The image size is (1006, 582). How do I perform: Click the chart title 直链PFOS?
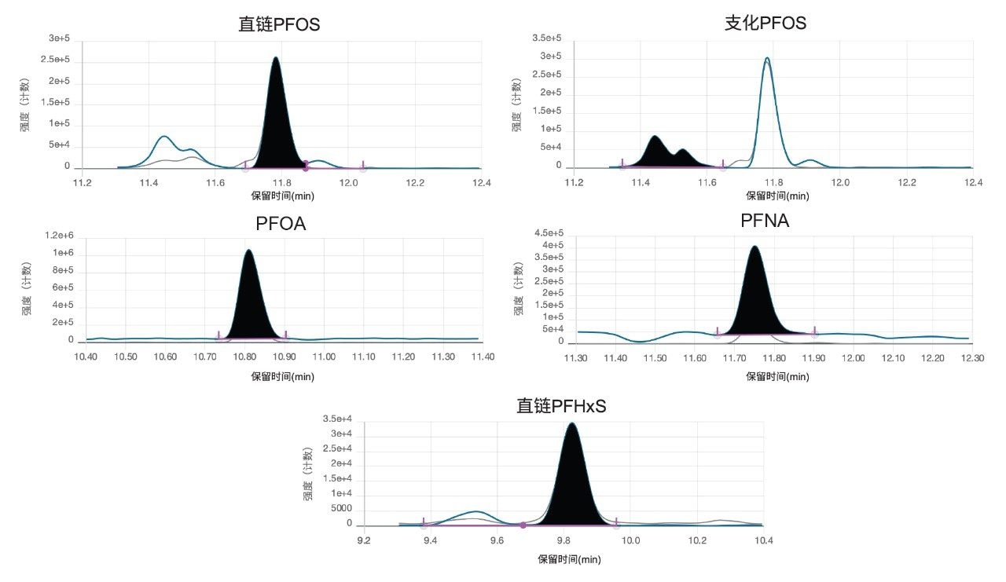click(x=279, y=24)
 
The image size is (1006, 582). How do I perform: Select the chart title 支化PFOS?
click(x=765, y=23)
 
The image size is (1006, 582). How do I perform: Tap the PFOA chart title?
click(x=281, y=224)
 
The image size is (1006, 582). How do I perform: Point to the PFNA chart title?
click(x=765, y=221)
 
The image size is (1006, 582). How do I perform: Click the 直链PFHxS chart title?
click(x=561, y=406)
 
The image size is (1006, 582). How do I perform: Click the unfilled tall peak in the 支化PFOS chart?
click(x=767, y=102)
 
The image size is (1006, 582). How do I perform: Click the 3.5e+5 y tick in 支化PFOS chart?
click(x=547, y=38)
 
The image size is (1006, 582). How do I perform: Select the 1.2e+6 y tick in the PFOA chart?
click(x=59, y=236)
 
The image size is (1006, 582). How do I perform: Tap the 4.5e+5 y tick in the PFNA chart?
click(x=548, y=233)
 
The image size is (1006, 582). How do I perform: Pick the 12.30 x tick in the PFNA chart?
click(x=972, y=358)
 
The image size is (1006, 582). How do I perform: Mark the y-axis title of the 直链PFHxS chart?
click(x=309, y=474)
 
